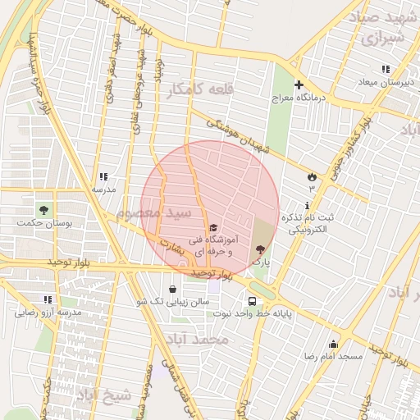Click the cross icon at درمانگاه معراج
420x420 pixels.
click(x=299, y=84)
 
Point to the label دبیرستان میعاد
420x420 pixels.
click(x=387, y=82)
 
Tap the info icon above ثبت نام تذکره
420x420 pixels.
click(x=308, y=205)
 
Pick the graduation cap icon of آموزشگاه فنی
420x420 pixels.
click(x=213, y=227)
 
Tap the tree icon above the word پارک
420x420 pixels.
click(x=261, y=249)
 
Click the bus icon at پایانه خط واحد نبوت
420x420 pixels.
click(x=252, y=299)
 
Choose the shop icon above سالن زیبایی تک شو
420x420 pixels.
click(x=172, y=289)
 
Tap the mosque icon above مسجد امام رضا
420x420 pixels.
click(x=333, y=344)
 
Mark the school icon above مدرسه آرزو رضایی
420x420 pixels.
click(x=48, y=299)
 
